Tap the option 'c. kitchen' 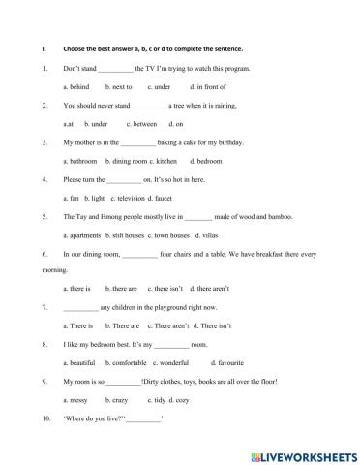pos(162,160)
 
